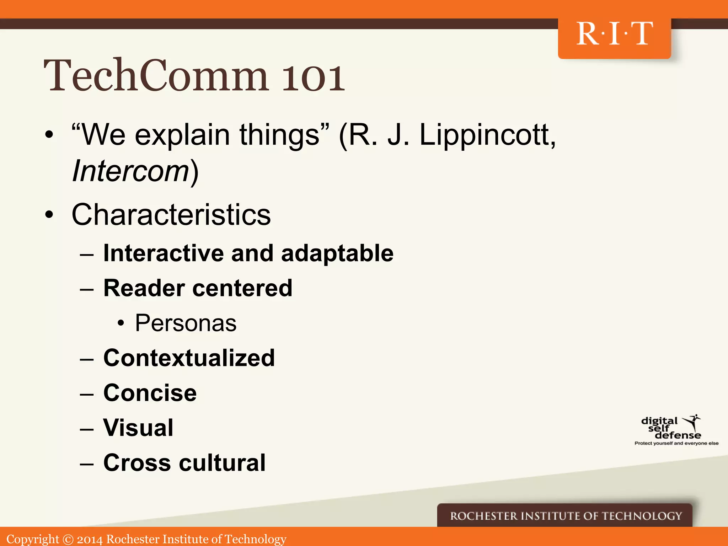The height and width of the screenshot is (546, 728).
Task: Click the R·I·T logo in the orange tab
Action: click(x=614, y=34)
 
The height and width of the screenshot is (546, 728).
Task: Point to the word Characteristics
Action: click(x=171, y=215)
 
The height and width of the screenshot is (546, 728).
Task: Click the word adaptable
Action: click(x=337, y=253)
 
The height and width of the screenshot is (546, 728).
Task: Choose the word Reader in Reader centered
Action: click(x=144, y=288)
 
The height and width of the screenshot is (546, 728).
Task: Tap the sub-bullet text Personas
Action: click(x=186, y=323)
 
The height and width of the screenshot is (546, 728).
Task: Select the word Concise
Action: click(x=150, y=393)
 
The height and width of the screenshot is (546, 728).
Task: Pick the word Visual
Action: click(x=138, y=428)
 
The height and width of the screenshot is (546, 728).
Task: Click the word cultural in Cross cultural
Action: click(x=222, y=463)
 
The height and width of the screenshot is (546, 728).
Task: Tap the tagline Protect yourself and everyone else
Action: click(x=676, y=443)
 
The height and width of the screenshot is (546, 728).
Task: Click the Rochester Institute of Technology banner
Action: click(x=566, y=516)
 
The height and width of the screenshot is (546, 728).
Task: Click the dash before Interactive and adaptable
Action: click(x=87, y=255)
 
